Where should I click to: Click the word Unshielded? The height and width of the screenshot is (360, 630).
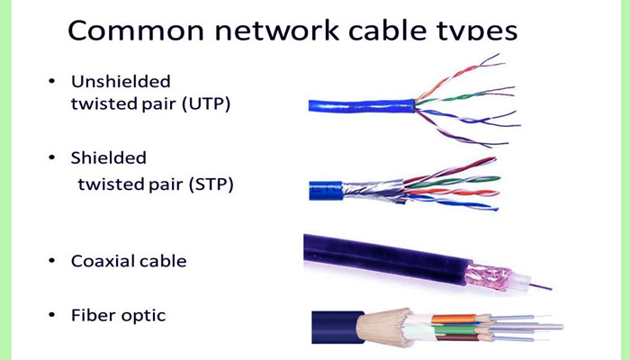[x=121, y=81]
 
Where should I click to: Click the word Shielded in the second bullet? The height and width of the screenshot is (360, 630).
[x=108, y=157]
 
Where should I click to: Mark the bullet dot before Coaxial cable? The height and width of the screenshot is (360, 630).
[x=51, y=262]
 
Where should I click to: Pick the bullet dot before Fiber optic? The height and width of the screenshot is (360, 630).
[x=51, y=316]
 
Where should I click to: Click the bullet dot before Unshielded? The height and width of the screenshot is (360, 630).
[x=51, y=82]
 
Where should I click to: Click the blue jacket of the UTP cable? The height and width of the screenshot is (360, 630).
[x=360, y=104]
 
